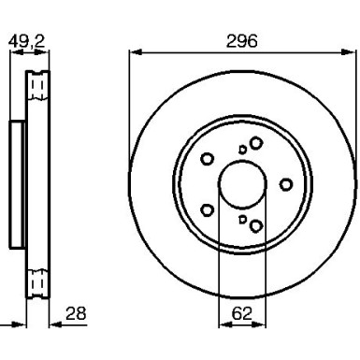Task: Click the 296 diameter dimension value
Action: click(241, 41)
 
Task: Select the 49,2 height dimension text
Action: click(26, 41)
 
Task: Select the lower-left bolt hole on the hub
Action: click(209, 210)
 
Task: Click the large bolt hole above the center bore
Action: click(254, 142)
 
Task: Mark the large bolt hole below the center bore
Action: click(255, 225)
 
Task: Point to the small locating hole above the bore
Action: click(242, 149)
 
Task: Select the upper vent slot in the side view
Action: click(38, 88)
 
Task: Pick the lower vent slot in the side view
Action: click(38, 280)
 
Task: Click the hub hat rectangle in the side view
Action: click(17, 184)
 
